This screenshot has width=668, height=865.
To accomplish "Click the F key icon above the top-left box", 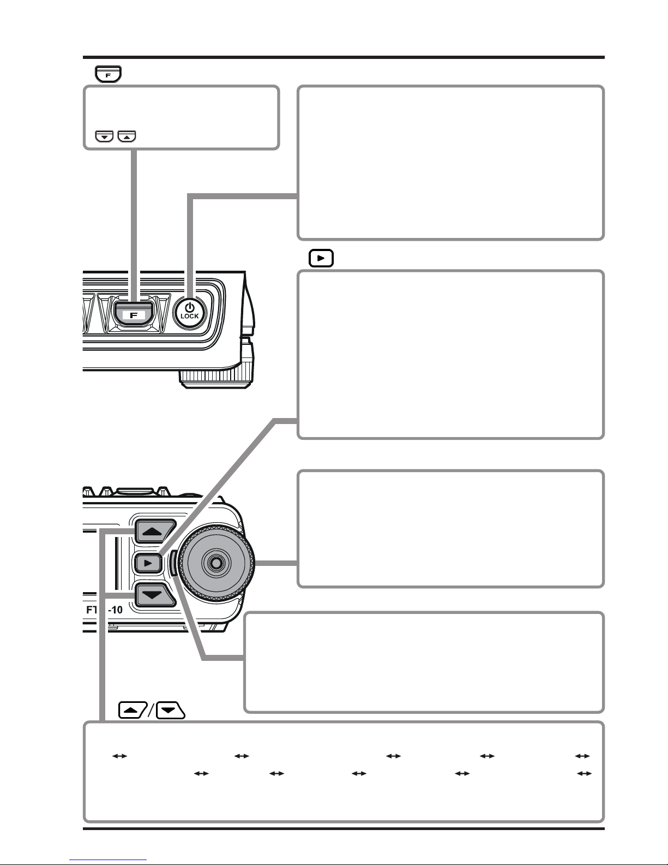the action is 108,74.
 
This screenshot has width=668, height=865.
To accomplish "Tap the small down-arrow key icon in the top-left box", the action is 105,136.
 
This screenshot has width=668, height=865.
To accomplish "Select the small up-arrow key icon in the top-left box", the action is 127,136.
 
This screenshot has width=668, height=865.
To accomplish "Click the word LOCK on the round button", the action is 190,316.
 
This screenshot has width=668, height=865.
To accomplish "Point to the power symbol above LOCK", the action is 190,307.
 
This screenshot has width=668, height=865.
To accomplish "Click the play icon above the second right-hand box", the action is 321,258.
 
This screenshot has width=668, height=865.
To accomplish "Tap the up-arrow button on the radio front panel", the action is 155,531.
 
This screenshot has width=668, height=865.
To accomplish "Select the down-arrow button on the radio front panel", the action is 155,595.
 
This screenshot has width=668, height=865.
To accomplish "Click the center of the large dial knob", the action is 216,563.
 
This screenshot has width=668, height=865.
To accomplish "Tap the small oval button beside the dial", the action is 172,563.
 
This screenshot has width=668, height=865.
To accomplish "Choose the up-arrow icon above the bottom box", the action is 133,710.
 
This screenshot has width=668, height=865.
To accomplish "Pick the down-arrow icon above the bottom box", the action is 171,710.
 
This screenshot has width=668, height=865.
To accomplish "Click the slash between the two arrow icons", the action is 152,710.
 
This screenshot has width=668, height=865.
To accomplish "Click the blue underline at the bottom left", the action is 108,860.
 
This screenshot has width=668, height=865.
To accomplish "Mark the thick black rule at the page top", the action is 344,57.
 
